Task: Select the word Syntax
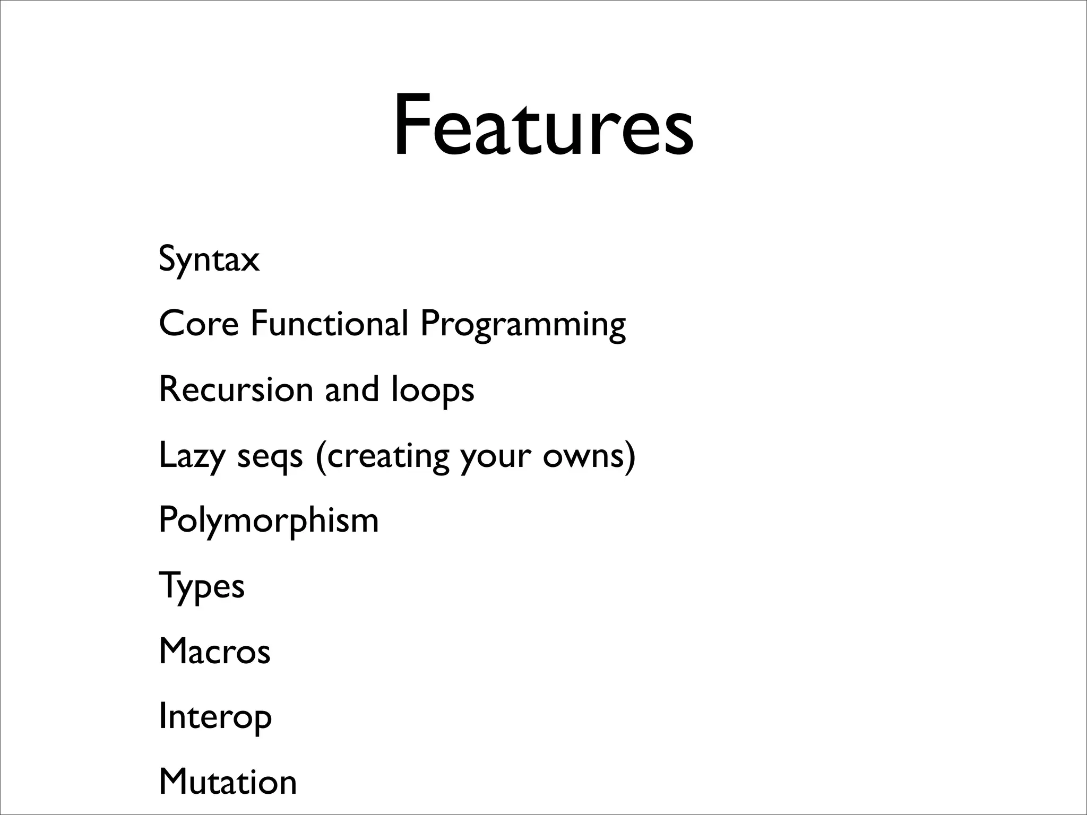(x=209, y=259)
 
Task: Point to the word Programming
(x=523, y=325)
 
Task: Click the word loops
(x=433, y=390)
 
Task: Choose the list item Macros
(x=214, y=651)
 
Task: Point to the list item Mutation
(x=228, y=782)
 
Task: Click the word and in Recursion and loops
(x=352, y=389)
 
